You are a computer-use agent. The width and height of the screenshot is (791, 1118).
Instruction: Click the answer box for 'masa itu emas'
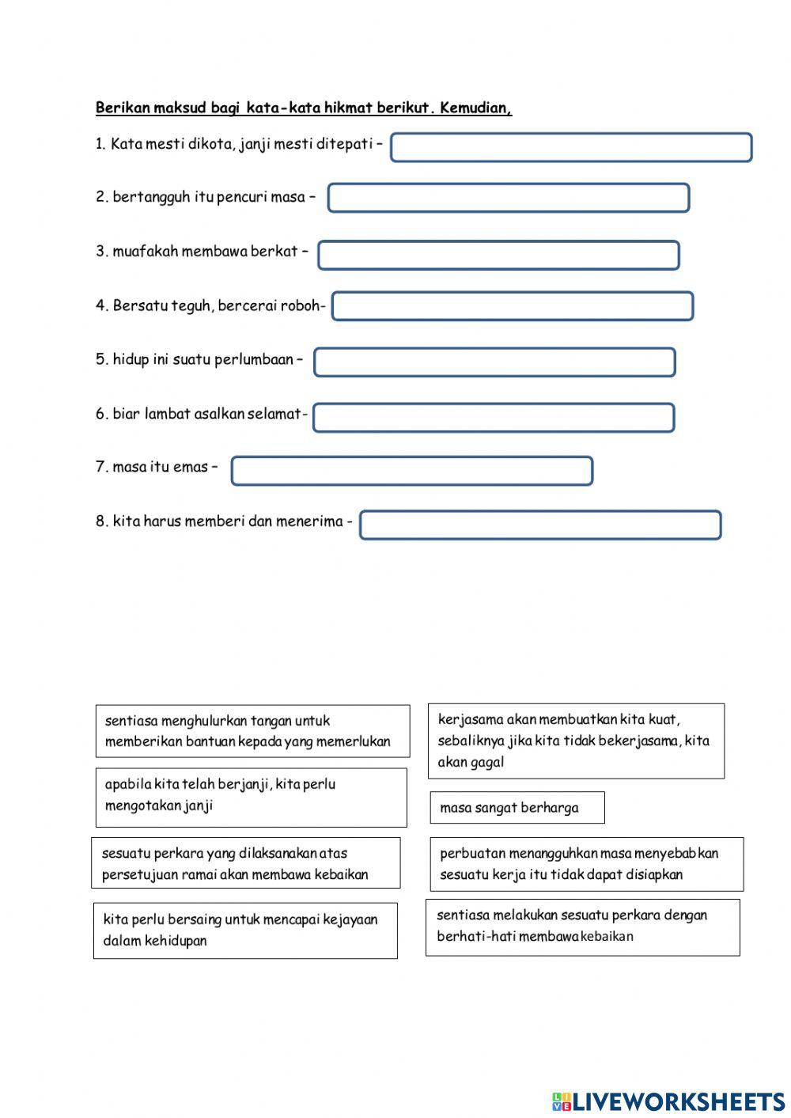point(411,471)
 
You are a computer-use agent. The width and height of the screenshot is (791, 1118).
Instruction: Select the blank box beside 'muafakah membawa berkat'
point(498,255)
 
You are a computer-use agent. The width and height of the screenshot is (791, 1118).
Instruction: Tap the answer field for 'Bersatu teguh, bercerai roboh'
point(512,306)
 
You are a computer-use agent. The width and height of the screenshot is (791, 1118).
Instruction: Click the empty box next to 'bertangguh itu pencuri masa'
point(509,198)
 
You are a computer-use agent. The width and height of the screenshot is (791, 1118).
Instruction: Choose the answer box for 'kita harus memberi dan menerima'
point(540,525)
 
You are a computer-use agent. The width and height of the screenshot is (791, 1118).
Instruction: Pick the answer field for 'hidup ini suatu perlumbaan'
point(494,362)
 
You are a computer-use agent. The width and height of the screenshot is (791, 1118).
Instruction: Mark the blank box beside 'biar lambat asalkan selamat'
point(494,418)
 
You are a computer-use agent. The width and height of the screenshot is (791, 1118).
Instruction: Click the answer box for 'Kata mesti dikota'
point(570,147)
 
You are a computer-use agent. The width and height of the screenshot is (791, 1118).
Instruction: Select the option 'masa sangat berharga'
point(517,808)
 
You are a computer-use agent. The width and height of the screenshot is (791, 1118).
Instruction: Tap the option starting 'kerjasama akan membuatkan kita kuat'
point(575,741)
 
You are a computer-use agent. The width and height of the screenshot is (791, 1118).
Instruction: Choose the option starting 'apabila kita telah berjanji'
point(251,796)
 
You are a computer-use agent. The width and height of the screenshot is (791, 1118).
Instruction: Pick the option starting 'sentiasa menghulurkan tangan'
point(252,731)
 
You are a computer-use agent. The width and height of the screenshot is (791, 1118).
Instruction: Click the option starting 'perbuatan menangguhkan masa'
point(586,864)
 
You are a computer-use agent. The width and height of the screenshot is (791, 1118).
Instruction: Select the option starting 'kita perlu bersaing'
point(245,930)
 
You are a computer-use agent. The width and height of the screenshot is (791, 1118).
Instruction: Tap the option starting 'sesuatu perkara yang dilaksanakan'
point(245,863)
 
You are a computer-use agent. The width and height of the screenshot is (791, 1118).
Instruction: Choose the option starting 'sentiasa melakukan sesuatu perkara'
point(582,927)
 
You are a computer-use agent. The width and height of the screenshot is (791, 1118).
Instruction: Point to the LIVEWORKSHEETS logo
point(668,1101)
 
